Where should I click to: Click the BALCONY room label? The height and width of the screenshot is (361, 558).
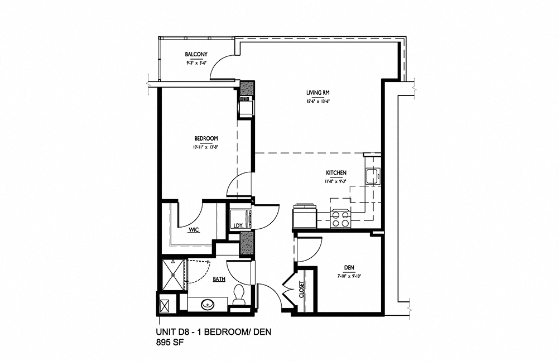pos(196,54)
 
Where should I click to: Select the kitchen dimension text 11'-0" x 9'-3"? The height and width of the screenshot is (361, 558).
pos(337,181)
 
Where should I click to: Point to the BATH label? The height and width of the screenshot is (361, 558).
pos(219,279)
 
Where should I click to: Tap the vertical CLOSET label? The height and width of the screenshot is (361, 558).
pos(302,290)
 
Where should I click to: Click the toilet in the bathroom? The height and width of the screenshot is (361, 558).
pos(239,294)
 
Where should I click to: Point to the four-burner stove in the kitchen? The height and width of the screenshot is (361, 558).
pos(340,218)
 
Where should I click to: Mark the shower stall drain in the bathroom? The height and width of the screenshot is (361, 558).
pos(172,273)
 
